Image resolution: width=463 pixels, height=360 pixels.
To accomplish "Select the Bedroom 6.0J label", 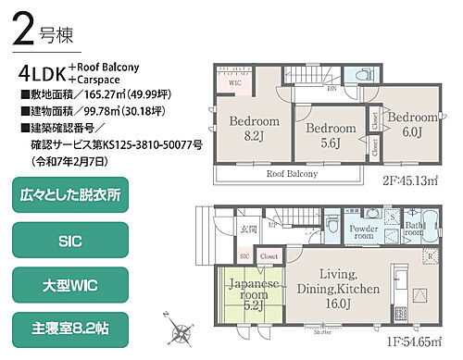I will [411, 125].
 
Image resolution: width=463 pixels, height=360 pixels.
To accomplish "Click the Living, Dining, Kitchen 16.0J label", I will [338, 288].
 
